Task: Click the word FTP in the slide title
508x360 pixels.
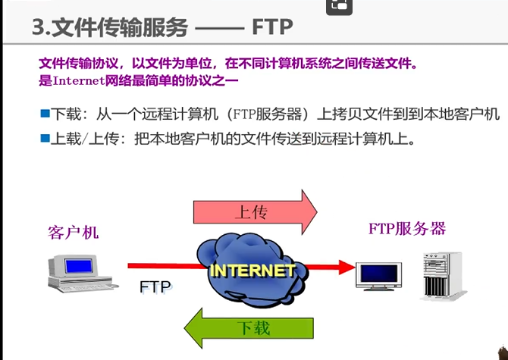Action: pos(271,27)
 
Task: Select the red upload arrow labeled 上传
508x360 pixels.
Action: pos(254,211)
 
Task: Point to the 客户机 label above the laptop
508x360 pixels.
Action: pos(74,232)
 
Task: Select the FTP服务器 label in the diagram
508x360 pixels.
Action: pos(406,228)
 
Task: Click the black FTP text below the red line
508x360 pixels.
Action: pos(156,286)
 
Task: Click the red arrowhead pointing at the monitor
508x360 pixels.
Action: pos(346,266)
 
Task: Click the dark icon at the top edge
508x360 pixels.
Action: pos(338,5)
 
